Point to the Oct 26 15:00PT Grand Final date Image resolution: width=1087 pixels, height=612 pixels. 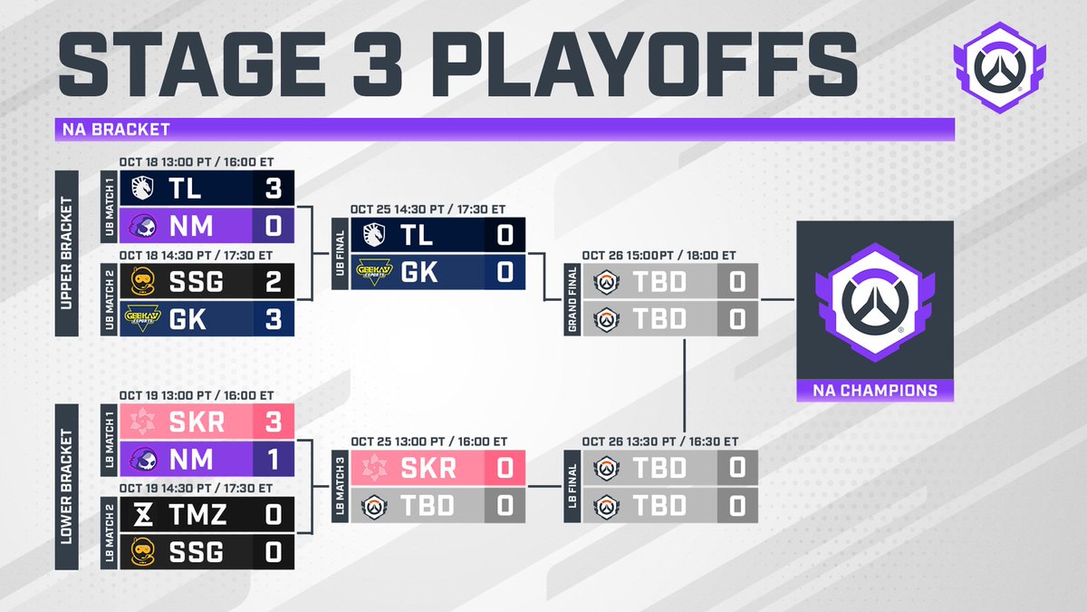(659, 255)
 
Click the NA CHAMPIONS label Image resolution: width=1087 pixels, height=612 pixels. (875, 392)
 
